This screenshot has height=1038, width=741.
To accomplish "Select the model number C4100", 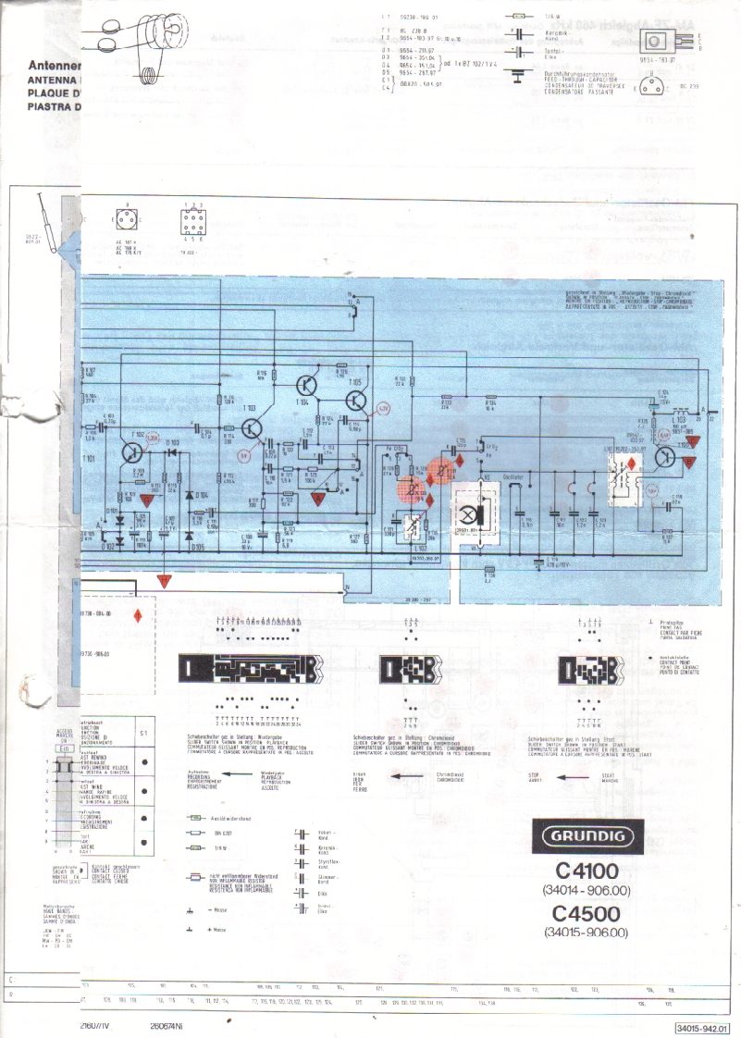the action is click(587, 871).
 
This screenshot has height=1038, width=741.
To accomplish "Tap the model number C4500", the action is click(587, 913).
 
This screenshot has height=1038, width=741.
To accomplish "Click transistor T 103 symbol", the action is click(252, 428).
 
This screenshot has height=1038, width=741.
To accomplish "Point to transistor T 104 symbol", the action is click(306, 387).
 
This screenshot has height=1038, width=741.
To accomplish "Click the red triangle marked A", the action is click(164, 581).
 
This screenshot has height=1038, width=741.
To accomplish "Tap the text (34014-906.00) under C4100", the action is click(587, 890).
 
